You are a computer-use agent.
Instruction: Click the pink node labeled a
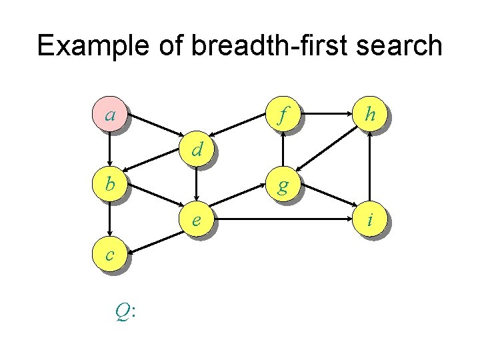(109, 115)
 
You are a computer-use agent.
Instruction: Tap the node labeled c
(109, 253)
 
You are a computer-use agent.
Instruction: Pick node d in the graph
(196, 150)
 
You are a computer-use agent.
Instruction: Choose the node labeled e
(196, 219)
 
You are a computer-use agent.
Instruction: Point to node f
(283, 115)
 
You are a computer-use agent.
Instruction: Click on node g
(283, 185)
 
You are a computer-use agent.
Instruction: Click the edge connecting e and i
(283, 219)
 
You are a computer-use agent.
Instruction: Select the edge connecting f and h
(326, 115)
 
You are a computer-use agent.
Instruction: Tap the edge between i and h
(369, 167)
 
